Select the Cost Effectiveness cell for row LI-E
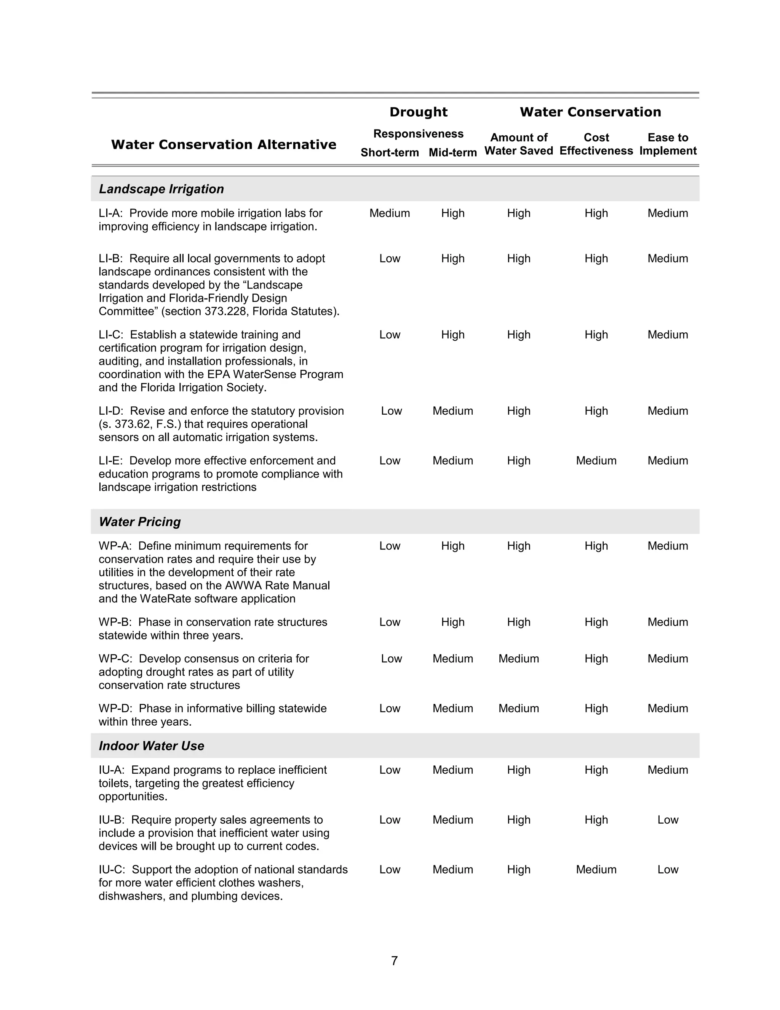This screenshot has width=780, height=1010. click(x=596, y=461)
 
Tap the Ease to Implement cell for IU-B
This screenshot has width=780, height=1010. click(x=667, y=819)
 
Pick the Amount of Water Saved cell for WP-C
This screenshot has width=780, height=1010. click(x=518, y=659)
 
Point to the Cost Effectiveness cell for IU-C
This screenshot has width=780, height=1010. click(x=596, y=869)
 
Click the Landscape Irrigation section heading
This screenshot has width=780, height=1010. click(x=161, y=189)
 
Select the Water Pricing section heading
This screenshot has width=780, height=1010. click(x=139, y=522)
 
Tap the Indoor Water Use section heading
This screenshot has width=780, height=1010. click(x=151, y=745)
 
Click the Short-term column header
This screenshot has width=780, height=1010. click(x=390, y=152)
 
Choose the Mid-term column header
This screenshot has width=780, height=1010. click(x=452, y=152)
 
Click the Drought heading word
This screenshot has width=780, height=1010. click(x=418, y=112)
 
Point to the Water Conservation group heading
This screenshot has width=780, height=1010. click(x=590, y=112)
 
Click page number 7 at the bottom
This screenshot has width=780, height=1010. click(x=394, y=961)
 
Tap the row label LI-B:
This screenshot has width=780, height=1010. click(x=111, y=258)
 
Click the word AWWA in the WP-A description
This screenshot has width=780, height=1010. click(x=240, y=585)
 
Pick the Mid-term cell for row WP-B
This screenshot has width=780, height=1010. click(x=452, y=622)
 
